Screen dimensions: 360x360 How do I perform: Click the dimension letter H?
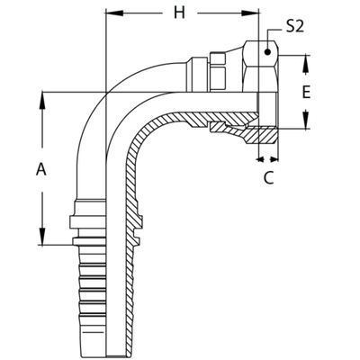[178, 13]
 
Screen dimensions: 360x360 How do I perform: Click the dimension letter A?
[40, 168]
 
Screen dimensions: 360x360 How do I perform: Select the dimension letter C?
[267, 178]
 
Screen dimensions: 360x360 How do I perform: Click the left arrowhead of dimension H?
[111, 13]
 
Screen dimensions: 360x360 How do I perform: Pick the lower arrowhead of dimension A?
[41, 236]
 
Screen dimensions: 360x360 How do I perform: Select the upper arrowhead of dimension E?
[306, 66]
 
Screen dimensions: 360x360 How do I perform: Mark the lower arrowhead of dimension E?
[306, 118]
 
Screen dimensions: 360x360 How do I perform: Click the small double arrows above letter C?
[267, 159]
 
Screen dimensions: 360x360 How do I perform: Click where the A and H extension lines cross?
[105, 90]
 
